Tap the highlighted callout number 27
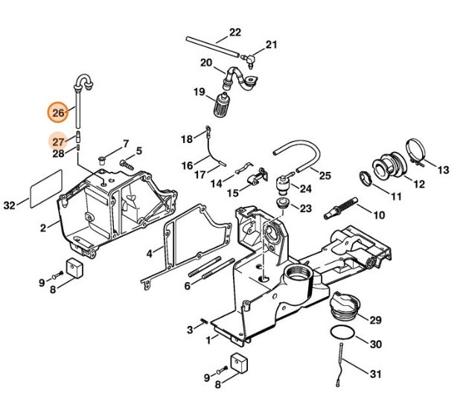pos(59,140)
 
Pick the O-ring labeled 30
pos(342,333)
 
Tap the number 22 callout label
pos(234,32)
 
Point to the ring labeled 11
pos(366,180)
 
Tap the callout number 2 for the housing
pos(43,227)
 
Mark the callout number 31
pos(377,371)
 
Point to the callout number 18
pos(187,138)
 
